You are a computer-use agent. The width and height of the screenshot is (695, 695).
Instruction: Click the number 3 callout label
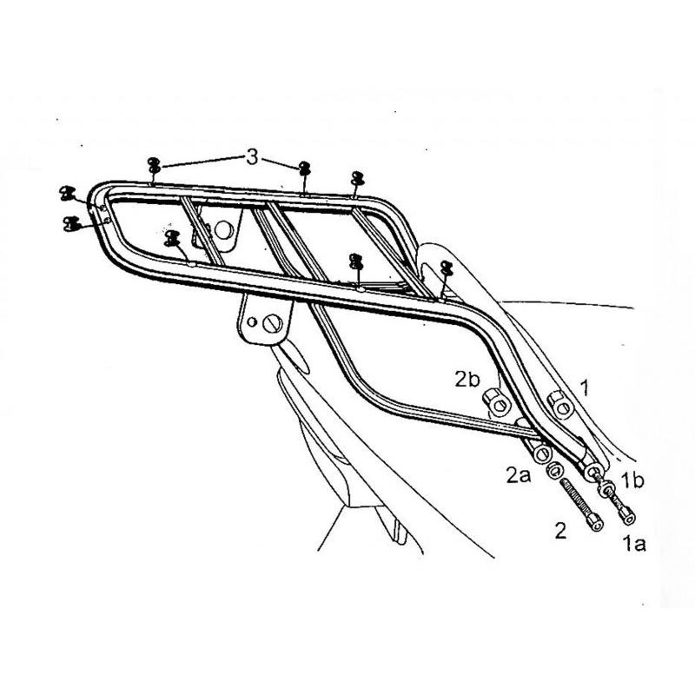pyautogui.click(x=252, y=157)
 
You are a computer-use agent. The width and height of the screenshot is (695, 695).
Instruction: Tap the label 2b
pyautogui.click(x=467, y=380)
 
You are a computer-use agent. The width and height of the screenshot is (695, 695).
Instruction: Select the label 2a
pyautogui.click(x=518, y=475)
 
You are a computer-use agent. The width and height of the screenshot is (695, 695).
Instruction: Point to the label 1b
pyautogui.click(x=632, y=480)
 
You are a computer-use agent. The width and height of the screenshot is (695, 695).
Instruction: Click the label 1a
pyautogui.click(x=634, y=544)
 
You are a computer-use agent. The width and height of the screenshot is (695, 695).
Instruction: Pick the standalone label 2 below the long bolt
pyautogui.click(x=560, y=531)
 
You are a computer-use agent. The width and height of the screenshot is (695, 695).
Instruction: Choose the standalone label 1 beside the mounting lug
pyautogui.click(x=585, y=387)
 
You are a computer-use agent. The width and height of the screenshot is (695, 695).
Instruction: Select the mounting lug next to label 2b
pyautogui.click(x=497, y=401)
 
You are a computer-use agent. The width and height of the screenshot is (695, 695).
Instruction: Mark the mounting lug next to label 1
pyautogui.click(x=560, y=404)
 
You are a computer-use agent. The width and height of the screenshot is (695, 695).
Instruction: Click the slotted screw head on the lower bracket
pyautogui.click(x=272, y=323)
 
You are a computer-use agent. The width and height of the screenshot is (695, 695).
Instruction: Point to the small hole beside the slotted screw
pyautogui.click(x=252, y=321)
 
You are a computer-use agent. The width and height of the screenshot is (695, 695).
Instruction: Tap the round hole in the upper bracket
pyautogui.click(x=224, y=229)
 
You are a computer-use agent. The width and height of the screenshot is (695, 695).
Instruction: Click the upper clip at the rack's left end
pyautogui.click(x=68, y=194)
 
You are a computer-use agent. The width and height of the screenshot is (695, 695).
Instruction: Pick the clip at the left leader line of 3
pyautogui.click(x=154, y=165)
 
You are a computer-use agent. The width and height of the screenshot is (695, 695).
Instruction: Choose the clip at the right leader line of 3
pyautogui.click(x=305, y=169)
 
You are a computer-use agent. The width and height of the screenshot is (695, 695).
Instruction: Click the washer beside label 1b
pyautogui.click(x=606, y=489)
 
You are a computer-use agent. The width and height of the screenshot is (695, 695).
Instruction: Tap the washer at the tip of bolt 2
pyautogui.click(x=553, y=471)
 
